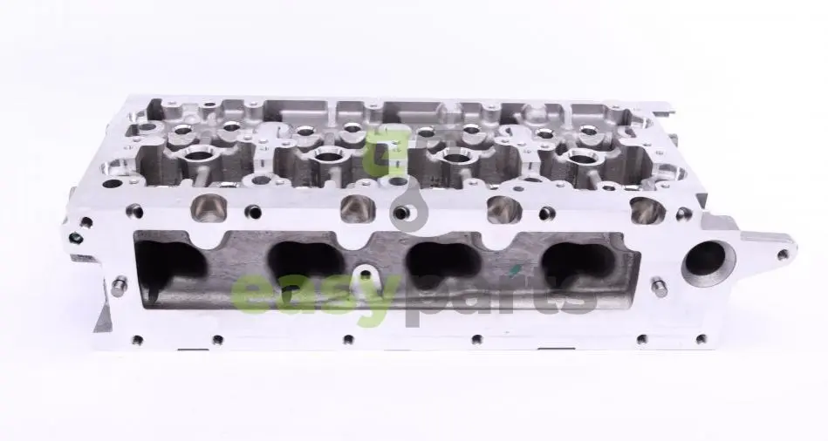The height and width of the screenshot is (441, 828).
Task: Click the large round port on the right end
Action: coord(708,261)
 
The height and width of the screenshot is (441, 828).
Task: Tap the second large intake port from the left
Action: coord(306,262)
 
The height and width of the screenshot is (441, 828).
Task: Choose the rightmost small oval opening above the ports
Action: coord(647,209)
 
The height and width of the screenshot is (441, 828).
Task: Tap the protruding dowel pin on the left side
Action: coord(119,284)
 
